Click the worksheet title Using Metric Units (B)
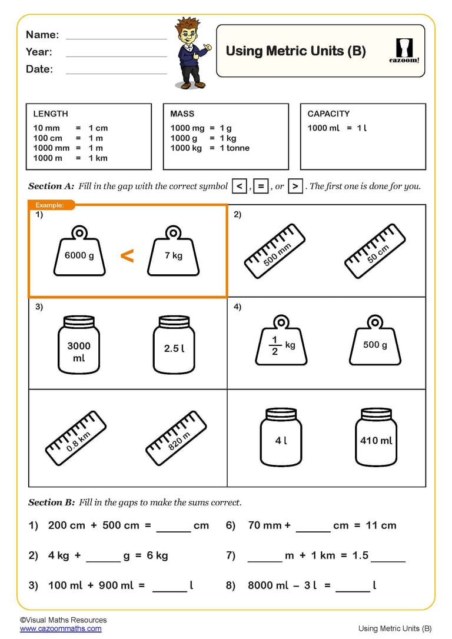[x=295, y=51]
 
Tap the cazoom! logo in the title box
[x=404, y=50]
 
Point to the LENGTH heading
[x=50, y=114]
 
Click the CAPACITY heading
[x=328, y=114]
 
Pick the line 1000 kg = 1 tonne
[x=210, y=148]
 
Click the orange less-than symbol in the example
[x=127, y=256]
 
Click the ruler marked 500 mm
[x=275, y=251]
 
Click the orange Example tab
[x=52, y=205]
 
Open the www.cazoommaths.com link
[x=61, y=628]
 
